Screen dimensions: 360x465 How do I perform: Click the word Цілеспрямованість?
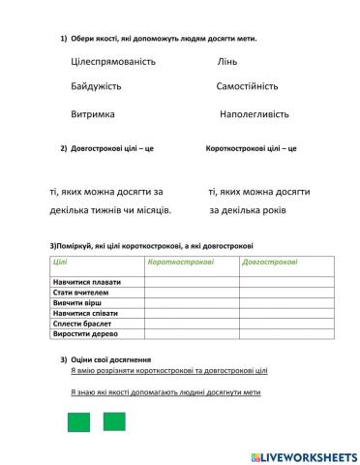coord(113,62)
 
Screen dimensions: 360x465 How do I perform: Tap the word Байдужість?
coord(96,87)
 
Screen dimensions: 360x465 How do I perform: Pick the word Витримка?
coord(93,113)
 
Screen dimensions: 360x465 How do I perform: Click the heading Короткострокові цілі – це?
coord(252,149)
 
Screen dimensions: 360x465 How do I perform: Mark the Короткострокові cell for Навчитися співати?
coord(191,314)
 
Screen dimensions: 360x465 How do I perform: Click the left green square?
coord(78,422)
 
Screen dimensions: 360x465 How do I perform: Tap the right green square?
coord(114,422)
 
